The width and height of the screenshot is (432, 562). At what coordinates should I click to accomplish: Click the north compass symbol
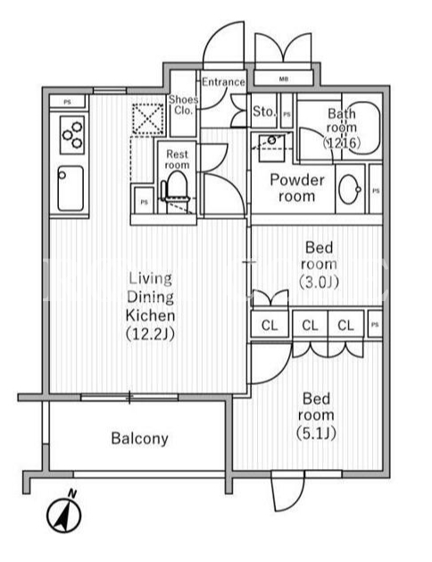(x=64, y=514)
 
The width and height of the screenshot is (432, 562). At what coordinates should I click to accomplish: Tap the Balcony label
(x=139, y=439)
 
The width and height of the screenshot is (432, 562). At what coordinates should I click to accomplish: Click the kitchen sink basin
(x=71, y=189)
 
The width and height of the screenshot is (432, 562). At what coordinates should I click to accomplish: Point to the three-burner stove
(x=72, y=135)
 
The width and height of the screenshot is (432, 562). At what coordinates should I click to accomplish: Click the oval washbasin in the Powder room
(x=350, y=189)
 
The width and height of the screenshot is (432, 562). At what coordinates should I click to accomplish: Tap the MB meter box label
(x=284, y=79)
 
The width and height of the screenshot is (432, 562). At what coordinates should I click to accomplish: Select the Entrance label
(x=223, y=82)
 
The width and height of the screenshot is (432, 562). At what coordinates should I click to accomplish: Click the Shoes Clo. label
(x=183, y=105)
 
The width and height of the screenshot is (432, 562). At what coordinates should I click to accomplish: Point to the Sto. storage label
(x=264, y=112)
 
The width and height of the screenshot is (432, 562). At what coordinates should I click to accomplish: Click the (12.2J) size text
(x=150, y=334)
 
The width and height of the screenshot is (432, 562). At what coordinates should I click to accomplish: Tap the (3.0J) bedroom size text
(x=319, y=281)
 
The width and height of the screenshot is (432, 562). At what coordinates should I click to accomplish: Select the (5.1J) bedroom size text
(x=316, y=433)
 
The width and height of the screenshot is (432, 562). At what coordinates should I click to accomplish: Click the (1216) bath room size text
(x=342, y=143)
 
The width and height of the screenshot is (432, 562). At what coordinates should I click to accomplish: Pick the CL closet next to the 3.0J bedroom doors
(x=270, y=325)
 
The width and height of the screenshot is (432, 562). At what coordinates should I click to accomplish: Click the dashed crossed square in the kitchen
(x=148, y=119)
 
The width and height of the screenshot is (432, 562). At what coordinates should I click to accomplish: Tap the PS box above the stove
(x=67, y=102)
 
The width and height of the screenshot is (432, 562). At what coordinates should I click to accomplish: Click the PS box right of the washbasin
(x=376, y=190)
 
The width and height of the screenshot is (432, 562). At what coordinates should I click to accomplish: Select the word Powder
(x=297, y=180)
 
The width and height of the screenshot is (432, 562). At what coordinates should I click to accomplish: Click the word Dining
(x=150, y=298)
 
